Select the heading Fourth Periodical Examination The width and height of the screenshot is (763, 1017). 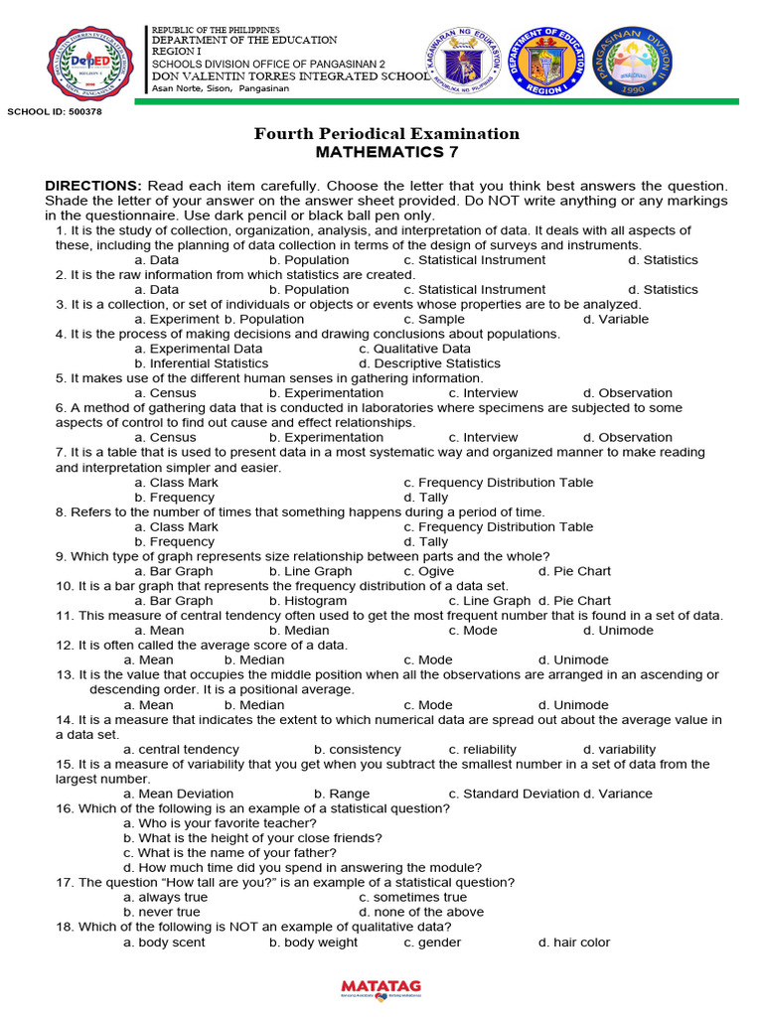(386, 133)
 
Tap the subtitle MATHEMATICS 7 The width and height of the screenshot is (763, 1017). (386, 152)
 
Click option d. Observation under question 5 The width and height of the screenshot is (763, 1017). (627, 393)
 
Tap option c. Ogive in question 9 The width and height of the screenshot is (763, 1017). (429, 571)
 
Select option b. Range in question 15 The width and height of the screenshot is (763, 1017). (342, 794)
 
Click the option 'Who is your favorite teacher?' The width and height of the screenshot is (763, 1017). (220, 823)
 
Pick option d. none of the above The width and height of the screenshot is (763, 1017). (421, 912)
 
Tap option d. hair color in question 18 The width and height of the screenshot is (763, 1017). (573, 942)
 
